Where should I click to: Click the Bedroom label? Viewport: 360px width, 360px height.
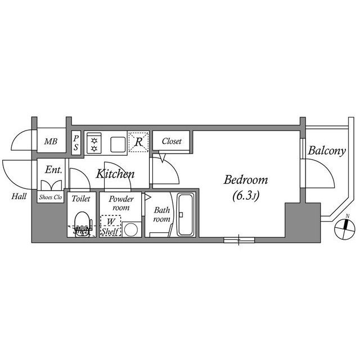246,181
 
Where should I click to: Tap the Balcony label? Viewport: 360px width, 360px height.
326,151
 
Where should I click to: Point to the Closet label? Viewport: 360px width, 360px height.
172,142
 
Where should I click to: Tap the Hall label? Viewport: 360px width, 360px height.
19,196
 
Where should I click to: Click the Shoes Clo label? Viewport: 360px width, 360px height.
51,197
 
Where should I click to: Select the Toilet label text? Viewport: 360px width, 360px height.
81,199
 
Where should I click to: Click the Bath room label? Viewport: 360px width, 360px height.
162,215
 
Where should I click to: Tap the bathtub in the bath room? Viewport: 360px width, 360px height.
185,215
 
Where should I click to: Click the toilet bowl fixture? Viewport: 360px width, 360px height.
83,222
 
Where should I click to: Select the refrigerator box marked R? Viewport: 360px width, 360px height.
138,142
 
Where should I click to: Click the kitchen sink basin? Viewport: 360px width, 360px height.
118,143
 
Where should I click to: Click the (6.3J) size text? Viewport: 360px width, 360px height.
246,196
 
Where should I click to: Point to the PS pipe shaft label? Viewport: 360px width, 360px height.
76,142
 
